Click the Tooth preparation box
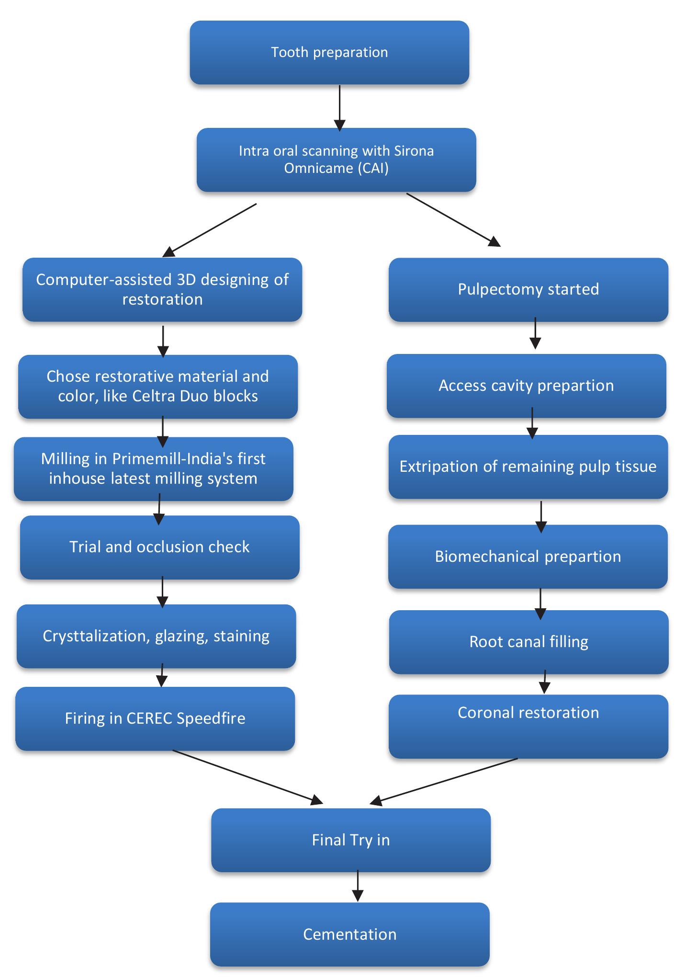coord(329,53)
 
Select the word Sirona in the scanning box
coord(414,151)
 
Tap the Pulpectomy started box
coord(528,289)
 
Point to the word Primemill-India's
coord(189,459)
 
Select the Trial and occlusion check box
coord(159,547)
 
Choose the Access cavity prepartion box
coord(526,386)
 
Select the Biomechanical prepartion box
coord(528,557)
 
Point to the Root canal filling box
coord(529,642)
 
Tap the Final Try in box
coord(350,840)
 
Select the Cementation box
coord(349,934)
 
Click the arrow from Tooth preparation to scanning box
coord(339,108)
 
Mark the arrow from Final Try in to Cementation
coord(358,886)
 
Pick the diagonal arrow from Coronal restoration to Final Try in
coord(445,780)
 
